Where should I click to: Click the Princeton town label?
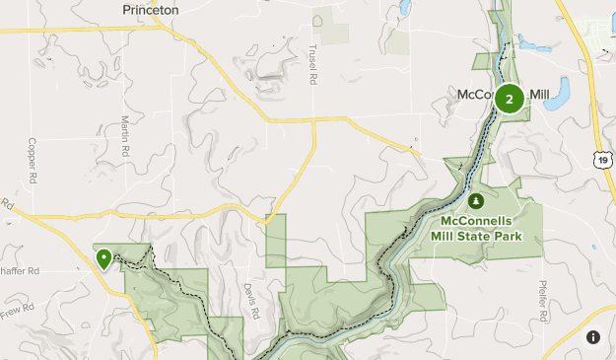150,9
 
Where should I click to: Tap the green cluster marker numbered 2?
510,99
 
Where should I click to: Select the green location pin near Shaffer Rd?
103,259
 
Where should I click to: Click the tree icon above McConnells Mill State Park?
476,202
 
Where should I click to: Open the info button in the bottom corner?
593,337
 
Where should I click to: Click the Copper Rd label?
32,161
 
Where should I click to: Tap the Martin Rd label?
125,139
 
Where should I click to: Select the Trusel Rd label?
311,64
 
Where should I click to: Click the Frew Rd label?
17,309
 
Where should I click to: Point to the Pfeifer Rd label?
542,302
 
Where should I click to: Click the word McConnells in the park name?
476,220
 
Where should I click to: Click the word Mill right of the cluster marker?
538,95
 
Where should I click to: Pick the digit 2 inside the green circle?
510,99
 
